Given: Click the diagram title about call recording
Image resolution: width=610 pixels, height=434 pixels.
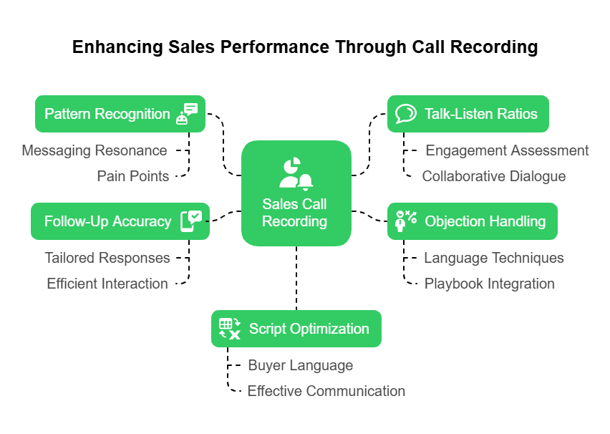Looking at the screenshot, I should tap(305, 47).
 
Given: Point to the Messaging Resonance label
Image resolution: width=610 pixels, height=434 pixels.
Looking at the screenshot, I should tap(94, 150).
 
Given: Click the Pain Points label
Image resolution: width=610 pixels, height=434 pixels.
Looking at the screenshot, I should tap(133, 176).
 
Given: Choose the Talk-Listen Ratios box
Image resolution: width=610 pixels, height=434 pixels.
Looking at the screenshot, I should tap(468, 114).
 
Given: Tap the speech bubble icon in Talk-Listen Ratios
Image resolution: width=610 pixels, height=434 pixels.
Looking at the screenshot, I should tap(406, 114).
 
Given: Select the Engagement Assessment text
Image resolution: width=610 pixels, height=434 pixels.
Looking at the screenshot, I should tap(507, 150).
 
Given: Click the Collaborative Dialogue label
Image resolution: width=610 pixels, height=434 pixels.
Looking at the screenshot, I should tap(493, 176).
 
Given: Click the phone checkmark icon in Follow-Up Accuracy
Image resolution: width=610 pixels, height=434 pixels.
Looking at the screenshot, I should tap(190, 221).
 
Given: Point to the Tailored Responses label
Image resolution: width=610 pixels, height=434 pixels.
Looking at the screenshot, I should tap(107, 258).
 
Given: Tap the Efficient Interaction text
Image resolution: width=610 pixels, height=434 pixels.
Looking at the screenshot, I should tap(107, 284).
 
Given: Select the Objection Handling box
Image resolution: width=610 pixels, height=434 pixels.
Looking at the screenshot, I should tap(473, 221).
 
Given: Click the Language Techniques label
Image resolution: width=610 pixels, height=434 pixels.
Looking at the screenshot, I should tap(494, 258).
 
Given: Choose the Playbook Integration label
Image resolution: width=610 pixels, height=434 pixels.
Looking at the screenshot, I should tap(489, 284).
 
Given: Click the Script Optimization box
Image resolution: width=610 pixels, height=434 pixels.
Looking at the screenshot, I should tap(296, 329).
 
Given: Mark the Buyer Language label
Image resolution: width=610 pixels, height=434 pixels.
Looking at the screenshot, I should tap(300, 365).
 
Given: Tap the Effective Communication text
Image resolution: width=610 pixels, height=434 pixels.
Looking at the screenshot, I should tap(326, 391).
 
